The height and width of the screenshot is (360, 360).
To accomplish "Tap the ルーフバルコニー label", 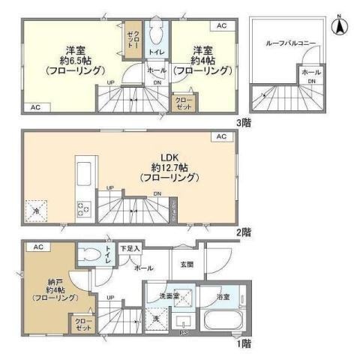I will [x=289, y=43].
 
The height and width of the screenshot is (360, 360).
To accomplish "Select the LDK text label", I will [x=168, y=157].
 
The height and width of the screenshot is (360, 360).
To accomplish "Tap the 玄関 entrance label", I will [x=185, y=263].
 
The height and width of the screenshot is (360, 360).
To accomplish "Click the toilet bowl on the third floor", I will [x=157, y=33].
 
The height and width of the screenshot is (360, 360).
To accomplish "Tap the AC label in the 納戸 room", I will [x=37, y=246].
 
